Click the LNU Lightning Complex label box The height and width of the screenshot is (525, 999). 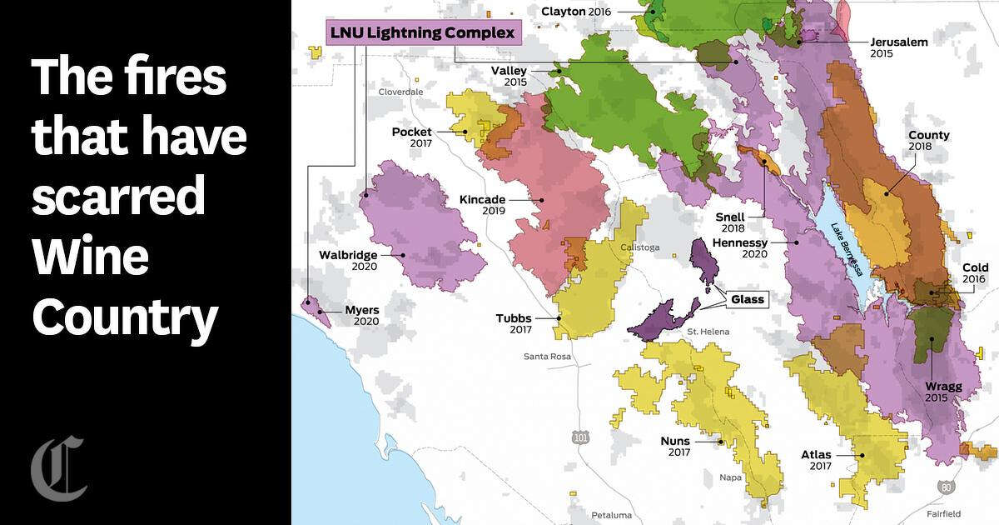423,34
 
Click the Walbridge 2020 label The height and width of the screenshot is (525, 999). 353,260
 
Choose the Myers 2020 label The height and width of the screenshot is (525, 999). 361,315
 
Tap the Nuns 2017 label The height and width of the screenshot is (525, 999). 678,447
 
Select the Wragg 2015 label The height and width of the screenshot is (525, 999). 942,392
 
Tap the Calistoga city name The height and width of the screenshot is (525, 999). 639,247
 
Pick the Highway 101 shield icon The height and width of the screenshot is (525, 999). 579,437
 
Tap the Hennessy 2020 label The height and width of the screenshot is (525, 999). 739,247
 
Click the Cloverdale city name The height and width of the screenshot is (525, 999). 400,92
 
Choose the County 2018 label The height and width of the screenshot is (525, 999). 928,141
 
